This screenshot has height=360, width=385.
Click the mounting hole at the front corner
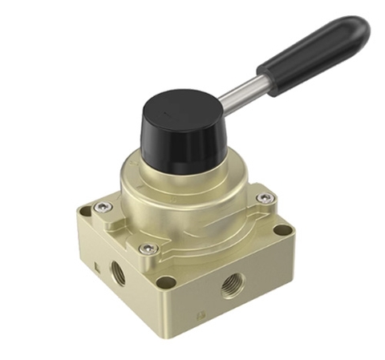[x=165, y=281]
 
